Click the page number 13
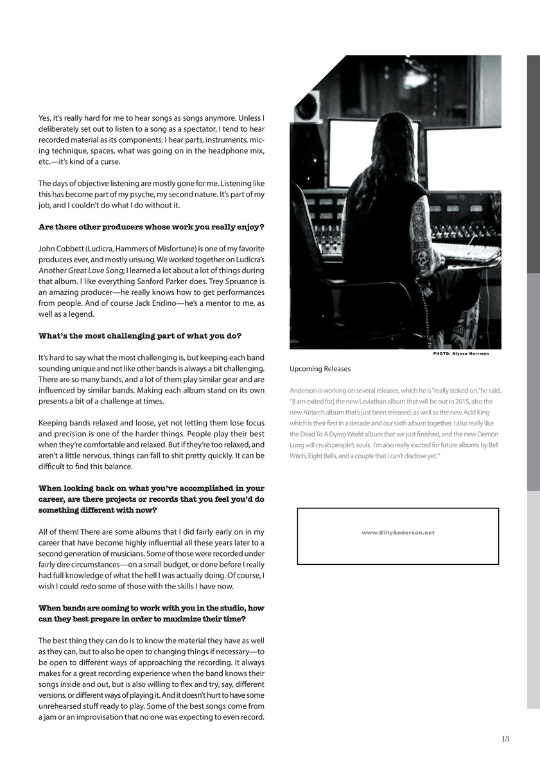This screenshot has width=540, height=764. point(505,738)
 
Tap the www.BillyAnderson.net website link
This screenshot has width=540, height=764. point(398,533)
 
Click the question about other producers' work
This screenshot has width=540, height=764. point(152,227)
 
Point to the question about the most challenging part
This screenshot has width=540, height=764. point(140,335)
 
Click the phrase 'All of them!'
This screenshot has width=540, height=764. point(59,532)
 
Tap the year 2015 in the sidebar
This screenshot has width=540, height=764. point(439,402)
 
